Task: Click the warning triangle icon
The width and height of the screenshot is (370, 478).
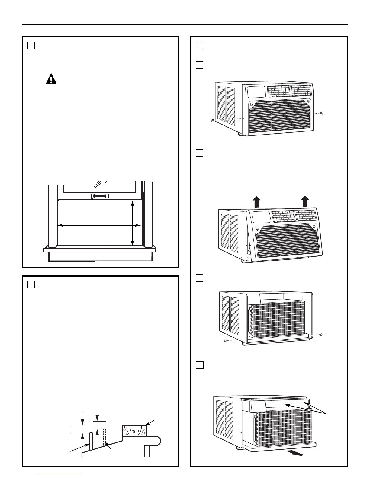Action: point(51,79)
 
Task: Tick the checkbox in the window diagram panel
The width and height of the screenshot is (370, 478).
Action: point(31,46)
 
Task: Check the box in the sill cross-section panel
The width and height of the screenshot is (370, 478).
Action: point(31,284)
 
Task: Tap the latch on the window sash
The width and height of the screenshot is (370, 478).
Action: point(99,196)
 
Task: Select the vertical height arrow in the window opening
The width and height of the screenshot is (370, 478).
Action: point(132,223)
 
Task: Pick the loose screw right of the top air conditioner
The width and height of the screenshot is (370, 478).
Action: point(322,113)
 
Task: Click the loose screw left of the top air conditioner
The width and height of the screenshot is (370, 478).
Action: point(212,120)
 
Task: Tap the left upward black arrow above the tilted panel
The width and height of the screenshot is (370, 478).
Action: point(256,201)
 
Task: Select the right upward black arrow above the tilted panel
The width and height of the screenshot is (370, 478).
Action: point(305,201)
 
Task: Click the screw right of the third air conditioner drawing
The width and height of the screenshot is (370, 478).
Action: point(320,334)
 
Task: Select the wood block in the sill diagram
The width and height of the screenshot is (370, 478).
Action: point(134,431)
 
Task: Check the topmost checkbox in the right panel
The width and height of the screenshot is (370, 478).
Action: point(199,46)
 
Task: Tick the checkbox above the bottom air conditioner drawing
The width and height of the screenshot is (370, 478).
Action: point(199,365)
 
